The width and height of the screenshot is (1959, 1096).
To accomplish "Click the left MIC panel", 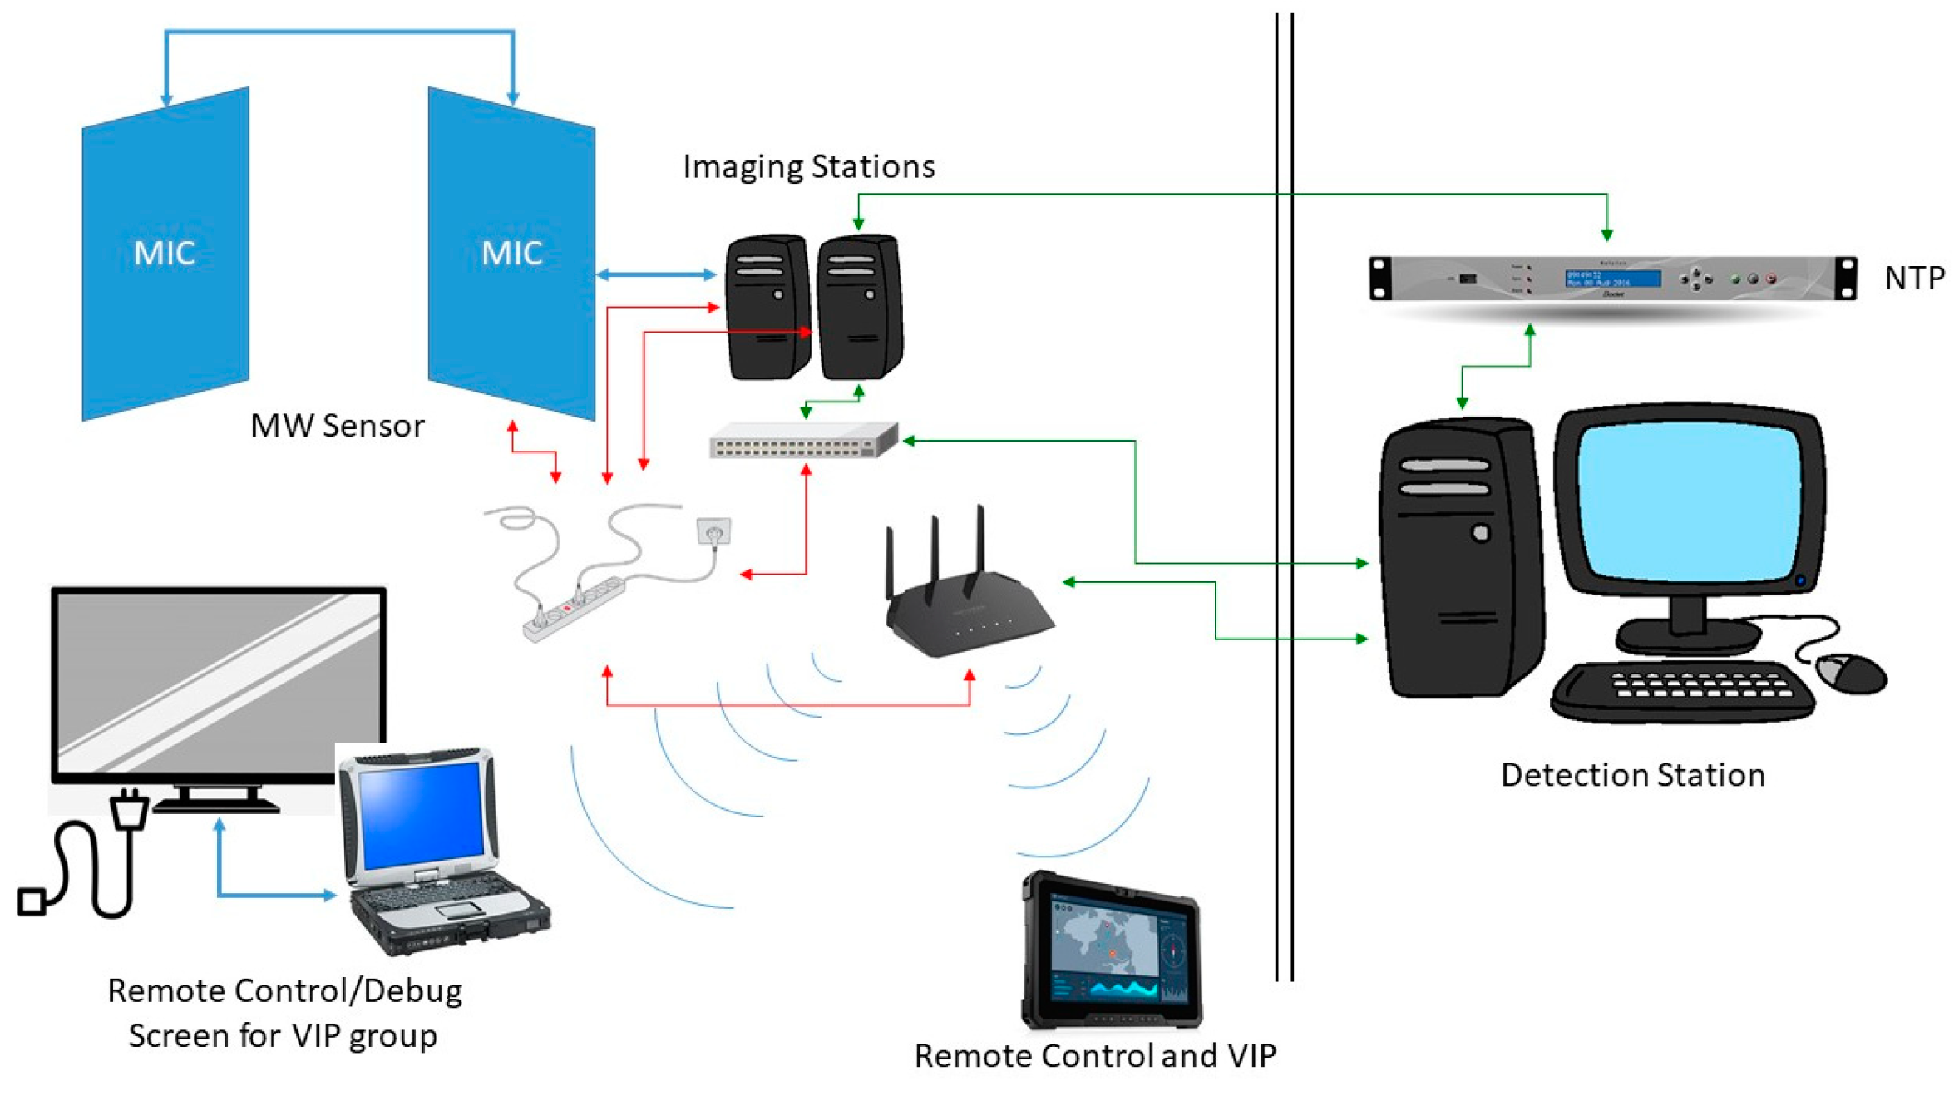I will (x=165, y=254).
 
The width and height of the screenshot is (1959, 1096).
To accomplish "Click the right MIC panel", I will (x=511, y=254).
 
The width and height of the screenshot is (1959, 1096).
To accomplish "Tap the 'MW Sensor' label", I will (x=337, y=426).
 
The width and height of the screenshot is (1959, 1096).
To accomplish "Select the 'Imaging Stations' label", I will (x=808, y=166).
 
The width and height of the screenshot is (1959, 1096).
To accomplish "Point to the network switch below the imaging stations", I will (x=802, y=440).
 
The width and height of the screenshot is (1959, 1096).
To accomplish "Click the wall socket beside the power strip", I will (x=713, y=531).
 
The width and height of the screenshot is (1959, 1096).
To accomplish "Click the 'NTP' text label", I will (x=1913, y=278).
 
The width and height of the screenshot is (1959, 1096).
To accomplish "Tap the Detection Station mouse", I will (x=1851, y=672).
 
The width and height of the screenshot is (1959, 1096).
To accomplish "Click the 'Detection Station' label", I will (x=1632, y=775).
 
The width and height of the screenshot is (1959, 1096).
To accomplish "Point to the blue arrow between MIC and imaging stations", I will (x=656, y=274).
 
